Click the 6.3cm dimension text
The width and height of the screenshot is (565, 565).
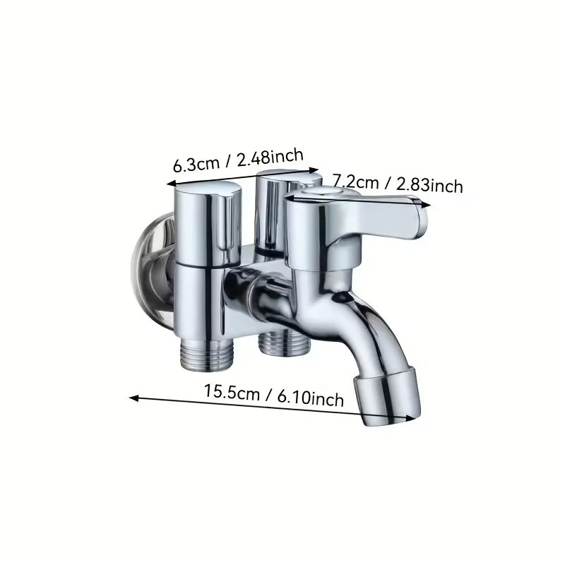pyautogui.click(x=196, y=165)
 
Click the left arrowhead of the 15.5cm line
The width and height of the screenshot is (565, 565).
pyautogui.click(x=133, y=398)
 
